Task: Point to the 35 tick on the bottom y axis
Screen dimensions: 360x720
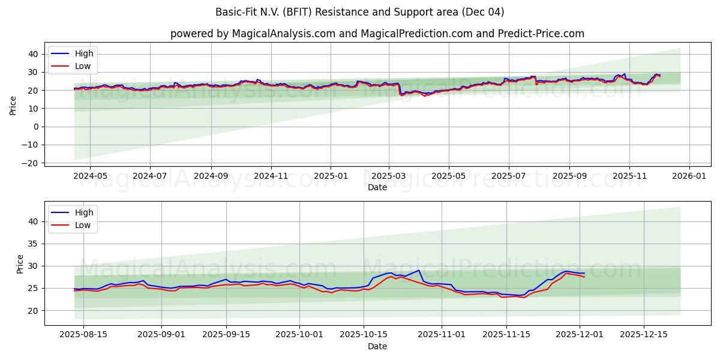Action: coord(34,244)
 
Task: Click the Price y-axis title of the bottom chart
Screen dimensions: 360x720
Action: coord(20,264)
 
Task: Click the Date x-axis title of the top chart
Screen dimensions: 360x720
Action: coord(377,187)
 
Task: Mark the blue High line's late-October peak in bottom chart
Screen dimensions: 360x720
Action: coord(419,270)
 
